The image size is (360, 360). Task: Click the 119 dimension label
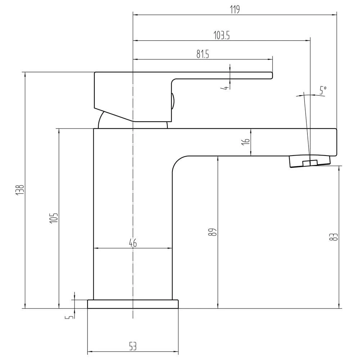(x=235, y=9)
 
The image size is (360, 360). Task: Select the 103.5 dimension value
(x=221, y=35)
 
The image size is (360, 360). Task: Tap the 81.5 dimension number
(x=203, y=54)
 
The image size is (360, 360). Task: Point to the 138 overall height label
(x=20, y=190)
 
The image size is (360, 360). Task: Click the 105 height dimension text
(x=54, y=218)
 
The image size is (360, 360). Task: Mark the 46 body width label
(x=133, y=243)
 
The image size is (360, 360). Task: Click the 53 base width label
(x=133, y=346)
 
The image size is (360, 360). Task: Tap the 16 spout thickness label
(x=246, y=141)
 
